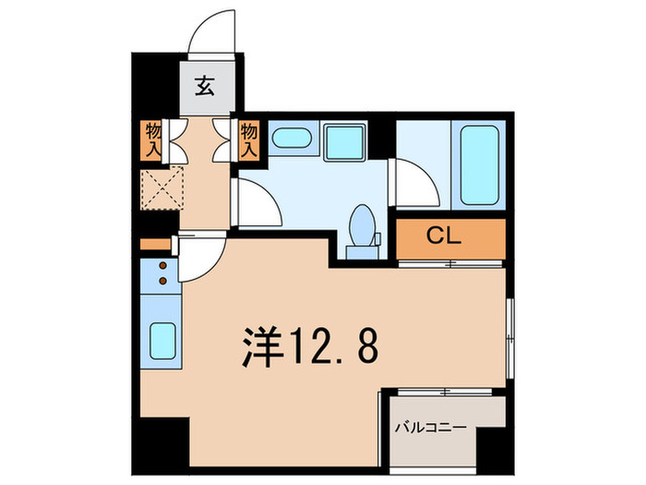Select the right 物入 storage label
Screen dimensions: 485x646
[249, 139]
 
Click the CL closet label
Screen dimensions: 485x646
[450, 237]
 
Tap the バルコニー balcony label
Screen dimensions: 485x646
[431, 428]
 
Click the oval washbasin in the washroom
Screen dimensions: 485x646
[293, 139]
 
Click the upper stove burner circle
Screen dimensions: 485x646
[161, 266]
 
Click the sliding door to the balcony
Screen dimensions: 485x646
[444, 392]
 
